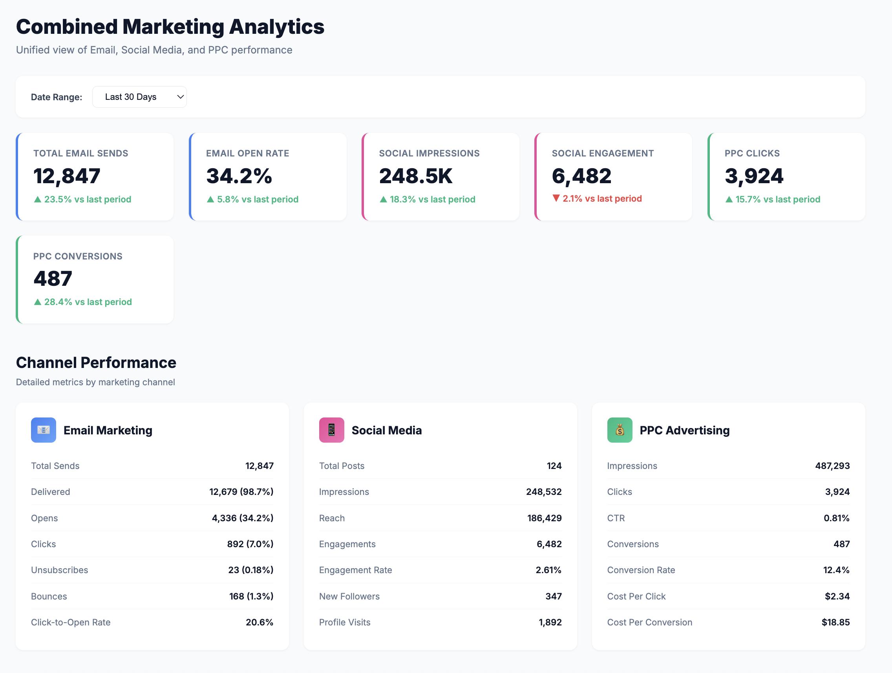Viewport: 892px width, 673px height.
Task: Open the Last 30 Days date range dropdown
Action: (x=139, y=97)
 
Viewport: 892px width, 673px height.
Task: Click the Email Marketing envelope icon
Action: (x=44, y=430)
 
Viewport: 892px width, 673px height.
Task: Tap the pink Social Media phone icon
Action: (x=331, y=430)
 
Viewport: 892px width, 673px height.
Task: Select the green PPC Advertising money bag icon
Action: (x=620, y=430)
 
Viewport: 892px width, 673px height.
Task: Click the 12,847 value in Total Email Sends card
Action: (x=67, y=176)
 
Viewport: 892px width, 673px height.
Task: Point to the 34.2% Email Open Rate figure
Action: (x=239, y=176)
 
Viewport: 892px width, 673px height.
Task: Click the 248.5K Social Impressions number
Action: (x=416, y=176)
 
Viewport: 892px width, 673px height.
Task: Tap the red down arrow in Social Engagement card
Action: (x=556, y=198)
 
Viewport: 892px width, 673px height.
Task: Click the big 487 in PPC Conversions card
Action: (x=53, y=279)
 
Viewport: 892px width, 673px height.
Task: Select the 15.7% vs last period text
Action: (x=777, y=199)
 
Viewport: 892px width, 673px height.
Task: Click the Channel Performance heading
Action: (x=96, y=362)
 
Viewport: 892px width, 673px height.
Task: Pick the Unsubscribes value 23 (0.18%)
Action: (x=250, y=570)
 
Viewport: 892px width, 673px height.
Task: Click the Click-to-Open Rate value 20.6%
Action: (x=259, y=622)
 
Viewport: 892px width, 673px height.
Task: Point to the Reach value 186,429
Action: (x=544, y=518)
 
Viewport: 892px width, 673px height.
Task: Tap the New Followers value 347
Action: (x=553, y=596)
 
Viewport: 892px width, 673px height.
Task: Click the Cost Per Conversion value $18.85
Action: (x=835, y=622)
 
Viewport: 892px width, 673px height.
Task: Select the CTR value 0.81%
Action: (x=836, y=518)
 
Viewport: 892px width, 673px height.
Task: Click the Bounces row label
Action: (x=49, y=596)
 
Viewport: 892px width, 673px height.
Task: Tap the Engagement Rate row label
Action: (x=355, y=570)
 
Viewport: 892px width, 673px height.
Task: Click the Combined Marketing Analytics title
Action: (x=170, y=27)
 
